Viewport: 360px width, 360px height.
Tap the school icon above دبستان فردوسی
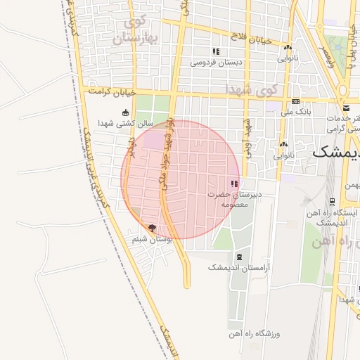pos(216,51)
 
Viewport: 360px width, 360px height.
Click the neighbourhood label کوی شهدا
pos(252,90)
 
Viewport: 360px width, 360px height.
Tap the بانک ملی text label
pos(295,111)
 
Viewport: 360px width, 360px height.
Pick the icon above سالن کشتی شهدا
pos(125,112)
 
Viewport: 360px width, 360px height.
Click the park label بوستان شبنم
pos(153,240)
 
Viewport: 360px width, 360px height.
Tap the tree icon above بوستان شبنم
pos(152,228)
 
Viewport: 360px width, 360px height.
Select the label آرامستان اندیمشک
pos(240,268)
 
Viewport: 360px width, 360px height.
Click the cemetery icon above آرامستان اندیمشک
pos(240,257)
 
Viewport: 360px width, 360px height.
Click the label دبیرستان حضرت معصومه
pos(234,198)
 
